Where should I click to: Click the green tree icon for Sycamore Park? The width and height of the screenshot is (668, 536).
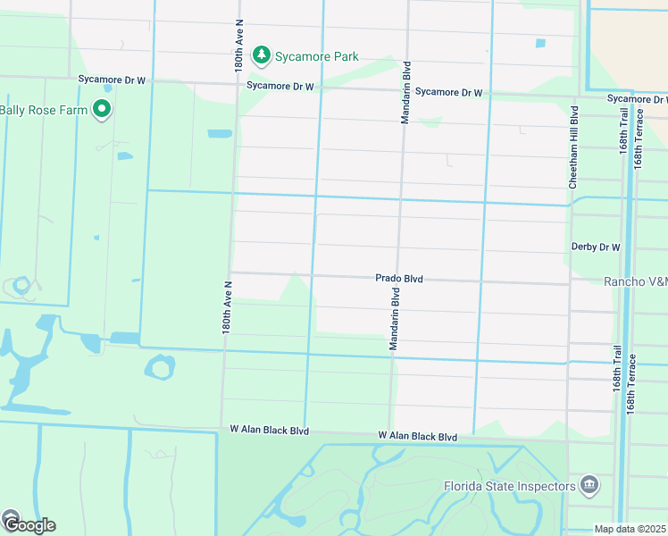261,56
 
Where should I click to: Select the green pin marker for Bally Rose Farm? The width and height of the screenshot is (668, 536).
102,109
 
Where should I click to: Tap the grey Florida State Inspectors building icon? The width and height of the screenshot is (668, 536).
589,486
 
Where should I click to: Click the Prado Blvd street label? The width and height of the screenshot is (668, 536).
398,280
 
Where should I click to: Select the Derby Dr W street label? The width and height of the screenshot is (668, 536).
595,247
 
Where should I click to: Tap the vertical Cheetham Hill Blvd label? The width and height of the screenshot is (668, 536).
574,147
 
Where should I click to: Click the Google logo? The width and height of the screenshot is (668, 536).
29,524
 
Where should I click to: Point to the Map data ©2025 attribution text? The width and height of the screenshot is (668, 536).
630,529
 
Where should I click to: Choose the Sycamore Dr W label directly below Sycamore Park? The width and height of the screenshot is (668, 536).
280,87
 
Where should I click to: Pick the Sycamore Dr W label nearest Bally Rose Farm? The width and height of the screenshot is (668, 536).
112,80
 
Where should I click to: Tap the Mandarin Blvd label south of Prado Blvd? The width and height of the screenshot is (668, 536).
394,318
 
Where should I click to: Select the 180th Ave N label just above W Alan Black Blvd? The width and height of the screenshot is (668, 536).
227,307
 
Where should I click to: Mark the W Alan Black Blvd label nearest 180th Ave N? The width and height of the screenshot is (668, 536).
269,431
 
